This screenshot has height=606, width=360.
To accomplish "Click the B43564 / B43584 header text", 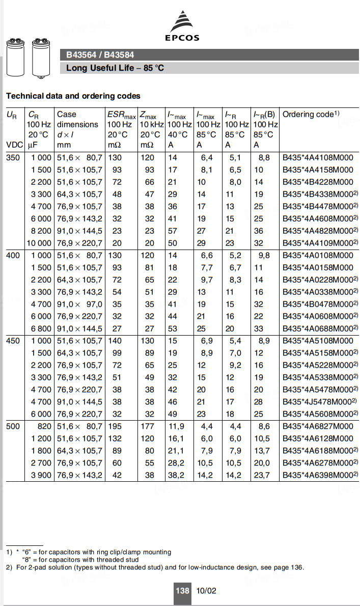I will [100, 55].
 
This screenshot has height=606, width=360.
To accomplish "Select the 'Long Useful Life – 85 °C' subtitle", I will [115, 68].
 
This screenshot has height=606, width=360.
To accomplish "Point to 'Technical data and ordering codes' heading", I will [73, 96].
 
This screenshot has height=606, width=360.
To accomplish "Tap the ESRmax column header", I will [121, 115].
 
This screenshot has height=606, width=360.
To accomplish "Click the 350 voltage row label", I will [13, 158].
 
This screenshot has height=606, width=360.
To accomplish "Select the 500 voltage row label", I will [13, 426].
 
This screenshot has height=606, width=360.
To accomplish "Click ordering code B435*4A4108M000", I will [318, 158].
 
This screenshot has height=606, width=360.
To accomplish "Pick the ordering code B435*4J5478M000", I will [318, 402].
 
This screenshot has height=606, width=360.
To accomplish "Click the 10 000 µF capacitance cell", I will [40, 243].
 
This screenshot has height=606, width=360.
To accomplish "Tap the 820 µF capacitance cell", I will [44, 426].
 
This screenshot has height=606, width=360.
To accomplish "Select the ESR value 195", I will [115, 426].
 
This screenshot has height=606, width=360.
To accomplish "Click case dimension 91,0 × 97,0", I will [79, 304].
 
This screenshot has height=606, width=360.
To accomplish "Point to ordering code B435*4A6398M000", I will [318, 475].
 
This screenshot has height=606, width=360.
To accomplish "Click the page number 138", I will [182, 591].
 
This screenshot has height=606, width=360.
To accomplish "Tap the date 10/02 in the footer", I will [206, 591].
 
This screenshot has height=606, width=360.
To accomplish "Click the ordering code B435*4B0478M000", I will [318, 304].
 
